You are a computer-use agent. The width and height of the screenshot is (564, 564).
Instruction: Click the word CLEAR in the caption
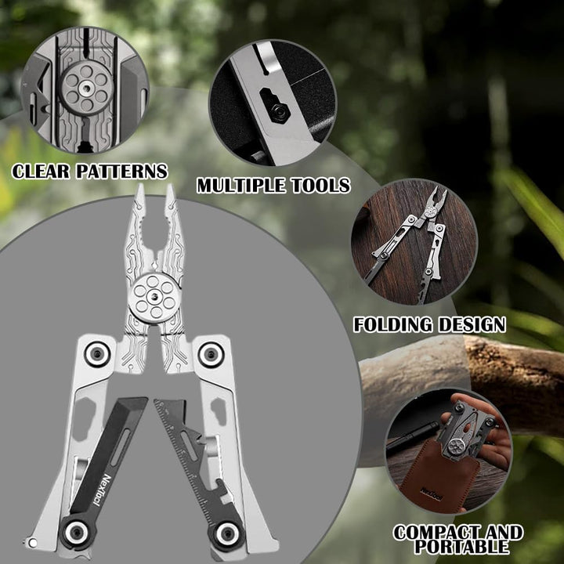[x=41, y=172]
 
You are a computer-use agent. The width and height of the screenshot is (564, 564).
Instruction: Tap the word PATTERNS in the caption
[x=122, y=172]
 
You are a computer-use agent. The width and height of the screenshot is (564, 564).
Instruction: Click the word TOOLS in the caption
[x=320, y=186]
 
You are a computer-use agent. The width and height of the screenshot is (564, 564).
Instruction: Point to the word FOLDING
[x=392, y=324]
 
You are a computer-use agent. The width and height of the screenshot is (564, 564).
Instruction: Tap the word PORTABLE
[x=461, y=547]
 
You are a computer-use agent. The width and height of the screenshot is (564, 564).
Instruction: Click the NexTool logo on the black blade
[x=101, y=490]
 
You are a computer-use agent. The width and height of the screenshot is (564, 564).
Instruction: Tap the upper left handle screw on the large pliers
[x=97, y=354]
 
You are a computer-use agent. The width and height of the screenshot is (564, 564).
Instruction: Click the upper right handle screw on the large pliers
[x=211, y=355]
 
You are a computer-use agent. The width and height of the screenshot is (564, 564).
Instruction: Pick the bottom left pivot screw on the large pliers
[x=76, y=532]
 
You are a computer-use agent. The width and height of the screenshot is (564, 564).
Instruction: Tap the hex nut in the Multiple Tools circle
[x=280, y=112]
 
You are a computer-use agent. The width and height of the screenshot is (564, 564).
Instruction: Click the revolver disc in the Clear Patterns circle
[x=86, y=88]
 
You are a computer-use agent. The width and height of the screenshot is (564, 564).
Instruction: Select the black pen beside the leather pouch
[x=413, y=436]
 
